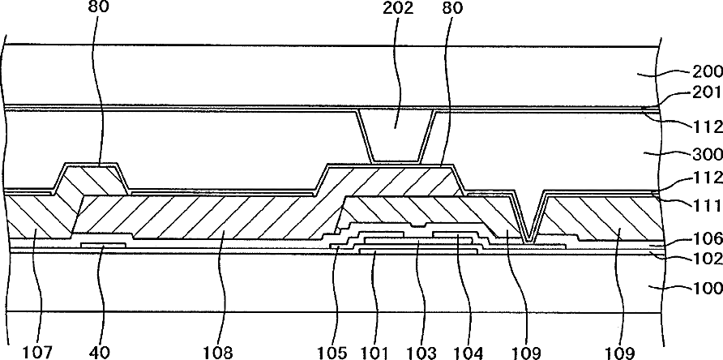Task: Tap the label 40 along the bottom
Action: (101, 352)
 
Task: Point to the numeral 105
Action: (335, 352)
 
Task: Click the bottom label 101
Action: (374, 352)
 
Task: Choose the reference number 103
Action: (421, 352)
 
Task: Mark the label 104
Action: (468, 352)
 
